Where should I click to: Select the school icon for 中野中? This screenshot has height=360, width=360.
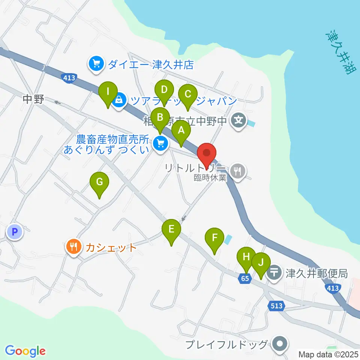(x=238, y=121)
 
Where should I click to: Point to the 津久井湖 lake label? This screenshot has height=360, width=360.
(x=339, y=52)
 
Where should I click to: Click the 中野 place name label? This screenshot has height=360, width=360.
(x=33, y=99)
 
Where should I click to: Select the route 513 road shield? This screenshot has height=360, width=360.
(x=276, y=306)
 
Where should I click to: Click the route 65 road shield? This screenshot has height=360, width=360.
(x=244, y=278)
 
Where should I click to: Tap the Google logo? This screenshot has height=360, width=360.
(x=25, y=351)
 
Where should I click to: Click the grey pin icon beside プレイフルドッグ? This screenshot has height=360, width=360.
(x=279, y=344)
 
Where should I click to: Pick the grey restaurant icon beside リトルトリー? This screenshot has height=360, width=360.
(x=237, y=171)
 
